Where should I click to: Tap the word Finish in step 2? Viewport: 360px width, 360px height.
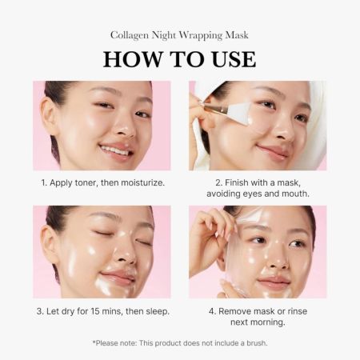click(231, 182)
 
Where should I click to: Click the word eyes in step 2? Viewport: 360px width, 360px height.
click(262, 194)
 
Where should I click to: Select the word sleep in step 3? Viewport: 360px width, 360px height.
click(155, 310)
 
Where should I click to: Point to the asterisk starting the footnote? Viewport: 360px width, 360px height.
click(94, 342)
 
